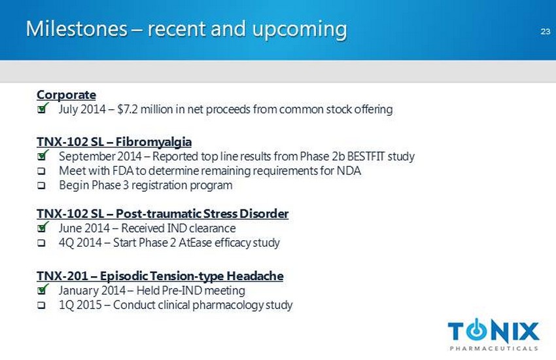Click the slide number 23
tap(546, 31)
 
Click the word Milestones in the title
tap(77, 28)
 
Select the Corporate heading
tap(66, 95)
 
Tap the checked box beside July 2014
tap(43, 108)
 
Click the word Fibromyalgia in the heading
tap(154, 142)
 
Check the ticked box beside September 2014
tap(43, 155)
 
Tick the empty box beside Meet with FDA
tap(41, 171)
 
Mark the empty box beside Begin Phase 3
tap(41, 185)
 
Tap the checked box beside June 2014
tap(43, 227)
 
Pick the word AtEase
tap(196, 243)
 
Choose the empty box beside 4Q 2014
tap(41, 243)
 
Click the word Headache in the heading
tap(255, 276)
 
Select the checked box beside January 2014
tap(43, 290)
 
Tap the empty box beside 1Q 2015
tap(41, 306)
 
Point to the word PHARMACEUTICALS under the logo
tap(494, 348)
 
